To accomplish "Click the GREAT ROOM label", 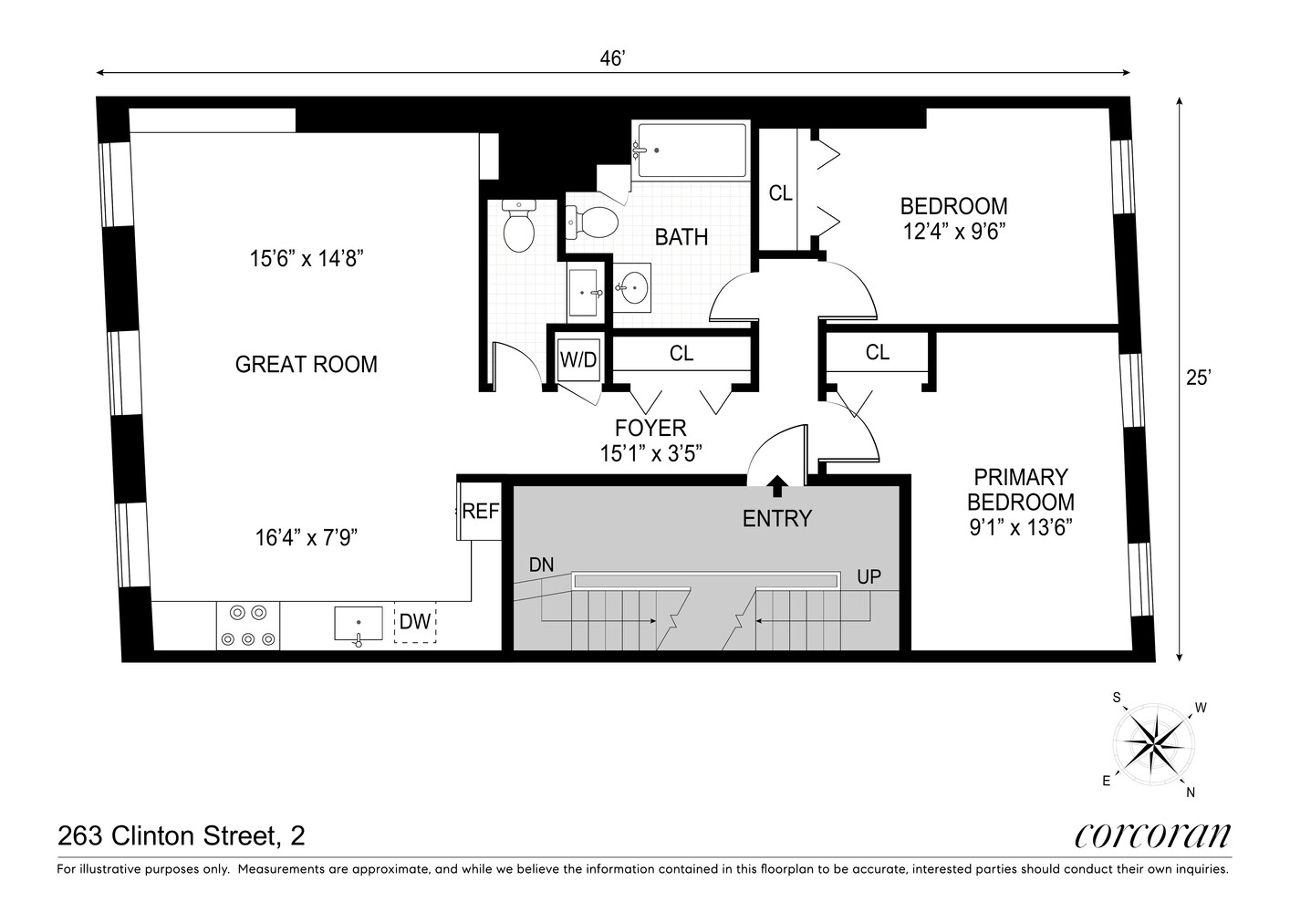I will click(x=306, y=365).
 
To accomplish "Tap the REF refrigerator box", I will click(x=480, y=511).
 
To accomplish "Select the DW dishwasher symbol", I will click(x=415, y=622).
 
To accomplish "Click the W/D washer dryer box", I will click(x=577, y=358).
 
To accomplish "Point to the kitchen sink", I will click(x=359, y=625).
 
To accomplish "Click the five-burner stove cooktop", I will click(x=248, y=626).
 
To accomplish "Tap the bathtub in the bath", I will click(x=692, y=150).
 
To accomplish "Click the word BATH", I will click(x=681, y=237).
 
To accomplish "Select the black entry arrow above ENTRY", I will click(x=777, y=483).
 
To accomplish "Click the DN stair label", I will click(x=541, y=565).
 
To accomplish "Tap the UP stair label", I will click(x=869, y=577).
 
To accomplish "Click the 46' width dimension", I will click(x=611, y=58).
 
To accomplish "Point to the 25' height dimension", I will click(x=1197, y=378).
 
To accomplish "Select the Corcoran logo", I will click(x=1152, y=835).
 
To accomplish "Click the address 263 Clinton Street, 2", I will click(x=182, y=835).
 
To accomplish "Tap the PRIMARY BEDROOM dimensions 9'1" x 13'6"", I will click(x=1020, y=526).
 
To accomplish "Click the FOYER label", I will click(x=650, y=428).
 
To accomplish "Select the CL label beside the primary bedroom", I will click(x=877, y=352).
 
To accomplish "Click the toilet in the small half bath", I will click(x=519, y=226).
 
